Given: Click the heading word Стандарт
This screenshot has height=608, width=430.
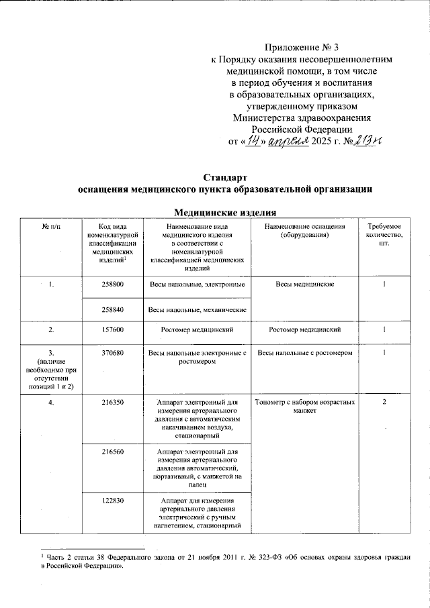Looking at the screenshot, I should (226, 178).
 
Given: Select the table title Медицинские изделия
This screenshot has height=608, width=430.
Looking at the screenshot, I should (226, 213).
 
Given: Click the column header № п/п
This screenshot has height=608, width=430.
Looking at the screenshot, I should (50, 228).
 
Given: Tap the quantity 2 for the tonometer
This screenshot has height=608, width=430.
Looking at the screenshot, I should (384, 403).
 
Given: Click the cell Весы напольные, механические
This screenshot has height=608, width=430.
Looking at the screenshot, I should (198, 309).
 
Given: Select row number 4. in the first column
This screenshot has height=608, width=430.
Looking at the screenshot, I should (50, 403).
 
